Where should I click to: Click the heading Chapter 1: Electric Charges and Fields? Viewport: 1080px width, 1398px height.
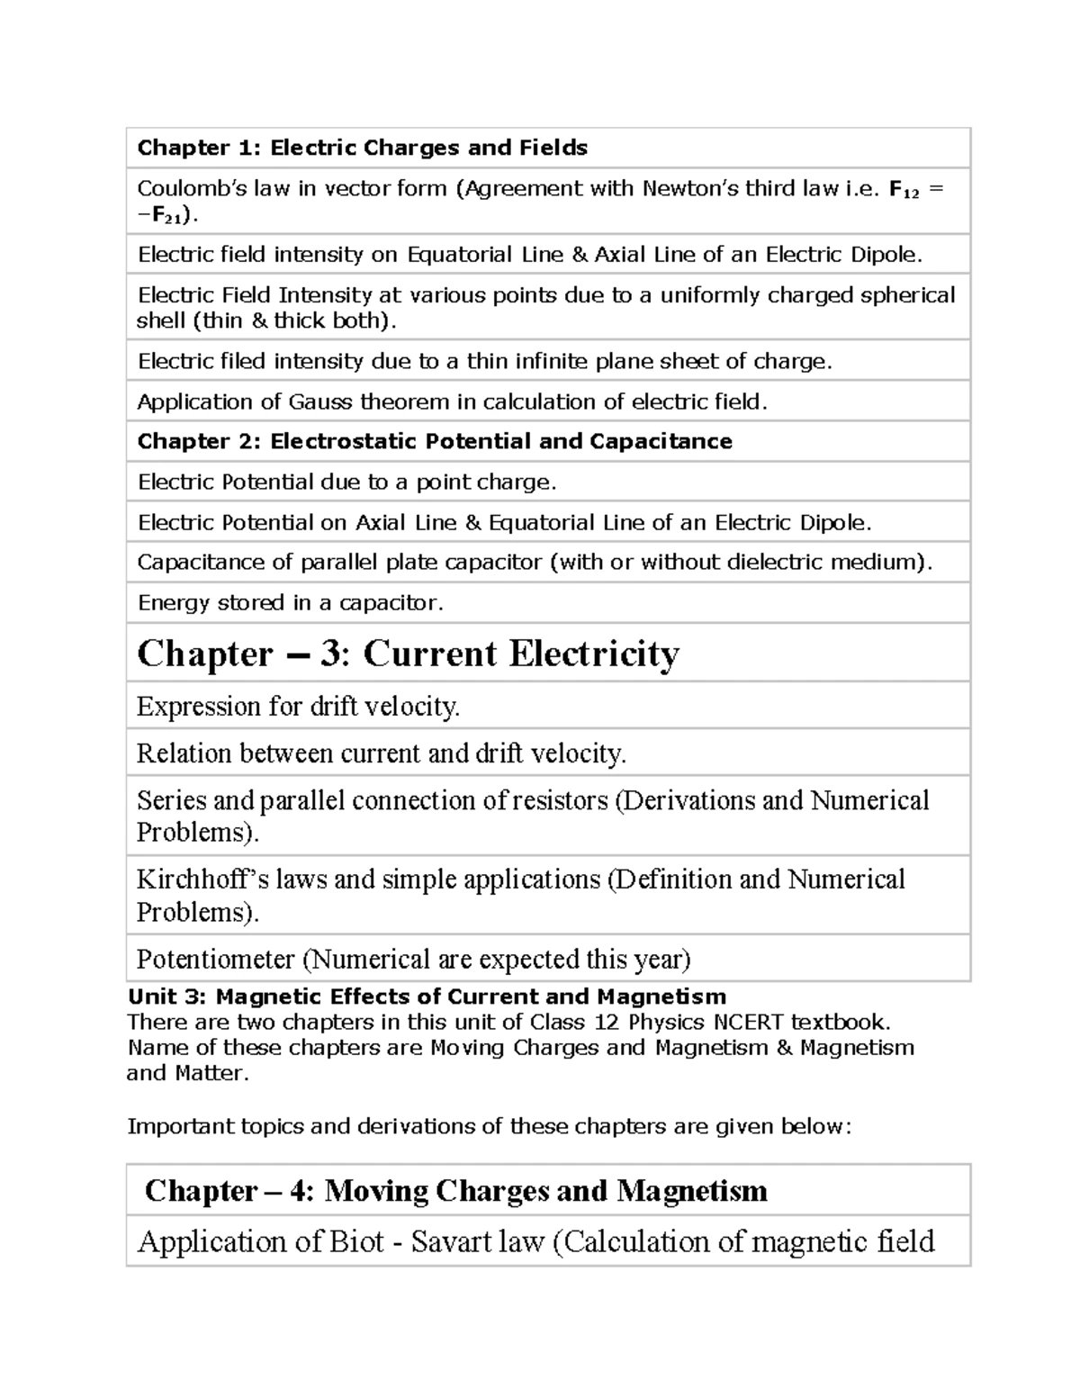[x=362, y=148]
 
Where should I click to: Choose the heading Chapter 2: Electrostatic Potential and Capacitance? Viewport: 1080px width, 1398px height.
[x=434, y=441]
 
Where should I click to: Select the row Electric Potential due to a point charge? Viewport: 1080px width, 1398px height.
[x=346, y=483]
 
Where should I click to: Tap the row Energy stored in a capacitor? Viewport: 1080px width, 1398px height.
[x=290, y=602]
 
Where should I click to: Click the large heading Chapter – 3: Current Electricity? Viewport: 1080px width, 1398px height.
[x=408, y=654]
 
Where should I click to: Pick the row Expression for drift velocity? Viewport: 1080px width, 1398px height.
[x=298, y=707]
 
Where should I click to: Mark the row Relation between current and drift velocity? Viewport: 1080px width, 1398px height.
[x=381, y=753]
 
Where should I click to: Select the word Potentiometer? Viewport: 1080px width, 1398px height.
[x=215, y=960]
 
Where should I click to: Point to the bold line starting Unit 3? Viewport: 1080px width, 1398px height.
[x=427, y=997]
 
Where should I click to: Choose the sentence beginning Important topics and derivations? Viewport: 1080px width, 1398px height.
[x=489, y=1126]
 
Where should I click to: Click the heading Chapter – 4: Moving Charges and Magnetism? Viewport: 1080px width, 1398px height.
[x=455, y=1191]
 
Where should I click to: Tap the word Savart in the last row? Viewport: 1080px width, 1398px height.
[x=447, y=1242]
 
